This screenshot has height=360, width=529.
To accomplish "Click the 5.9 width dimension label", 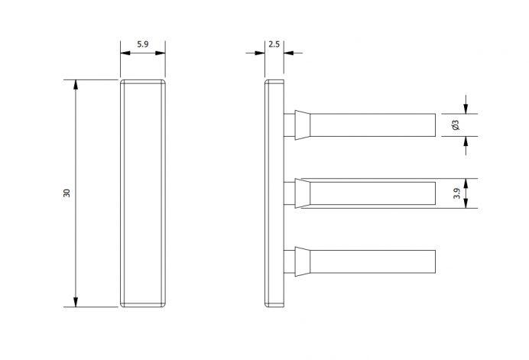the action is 142,44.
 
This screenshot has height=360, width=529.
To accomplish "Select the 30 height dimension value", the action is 67,193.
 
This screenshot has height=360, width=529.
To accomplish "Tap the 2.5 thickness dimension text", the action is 274,44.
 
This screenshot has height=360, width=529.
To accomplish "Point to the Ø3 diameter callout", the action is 456,125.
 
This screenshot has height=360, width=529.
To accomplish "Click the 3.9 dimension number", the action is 457,193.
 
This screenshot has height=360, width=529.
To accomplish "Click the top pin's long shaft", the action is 372,125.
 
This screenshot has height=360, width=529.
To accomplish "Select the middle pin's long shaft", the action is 372,193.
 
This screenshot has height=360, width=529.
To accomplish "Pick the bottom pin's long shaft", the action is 372,261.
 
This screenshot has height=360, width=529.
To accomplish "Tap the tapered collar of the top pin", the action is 302,125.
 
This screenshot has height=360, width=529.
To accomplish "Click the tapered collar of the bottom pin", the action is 302,261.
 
